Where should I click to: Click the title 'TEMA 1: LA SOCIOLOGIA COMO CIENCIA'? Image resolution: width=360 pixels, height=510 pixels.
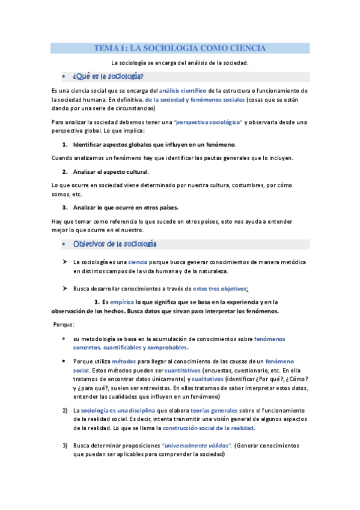(x=180, y=48)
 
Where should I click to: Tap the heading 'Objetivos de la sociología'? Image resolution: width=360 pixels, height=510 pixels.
(x=115, y=244)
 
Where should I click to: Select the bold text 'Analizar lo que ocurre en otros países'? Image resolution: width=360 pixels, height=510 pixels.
(x=125, y=207)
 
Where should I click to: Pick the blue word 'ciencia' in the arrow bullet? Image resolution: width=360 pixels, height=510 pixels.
(x=138, y=262)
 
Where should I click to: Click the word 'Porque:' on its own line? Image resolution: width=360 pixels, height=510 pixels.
(x=64, y=324)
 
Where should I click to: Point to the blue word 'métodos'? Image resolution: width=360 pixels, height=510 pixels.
(x=124, y=361)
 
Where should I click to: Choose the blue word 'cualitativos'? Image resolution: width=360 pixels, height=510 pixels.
(x=210, y=379)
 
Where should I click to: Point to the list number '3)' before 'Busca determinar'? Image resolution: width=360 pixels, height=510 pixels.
(x=64, y=446)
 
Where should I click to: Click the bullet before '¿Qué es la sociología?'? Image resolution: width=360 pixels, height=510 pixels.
(x=64, y=77)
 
